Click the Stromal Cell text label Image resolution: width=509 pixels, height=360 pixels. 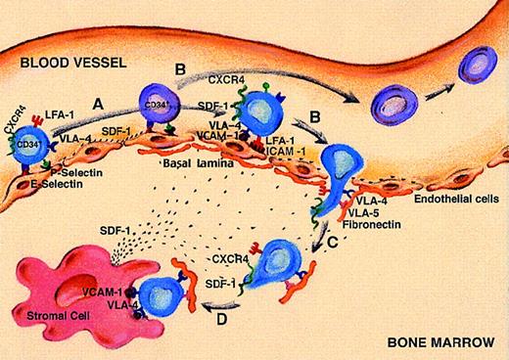49,319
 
